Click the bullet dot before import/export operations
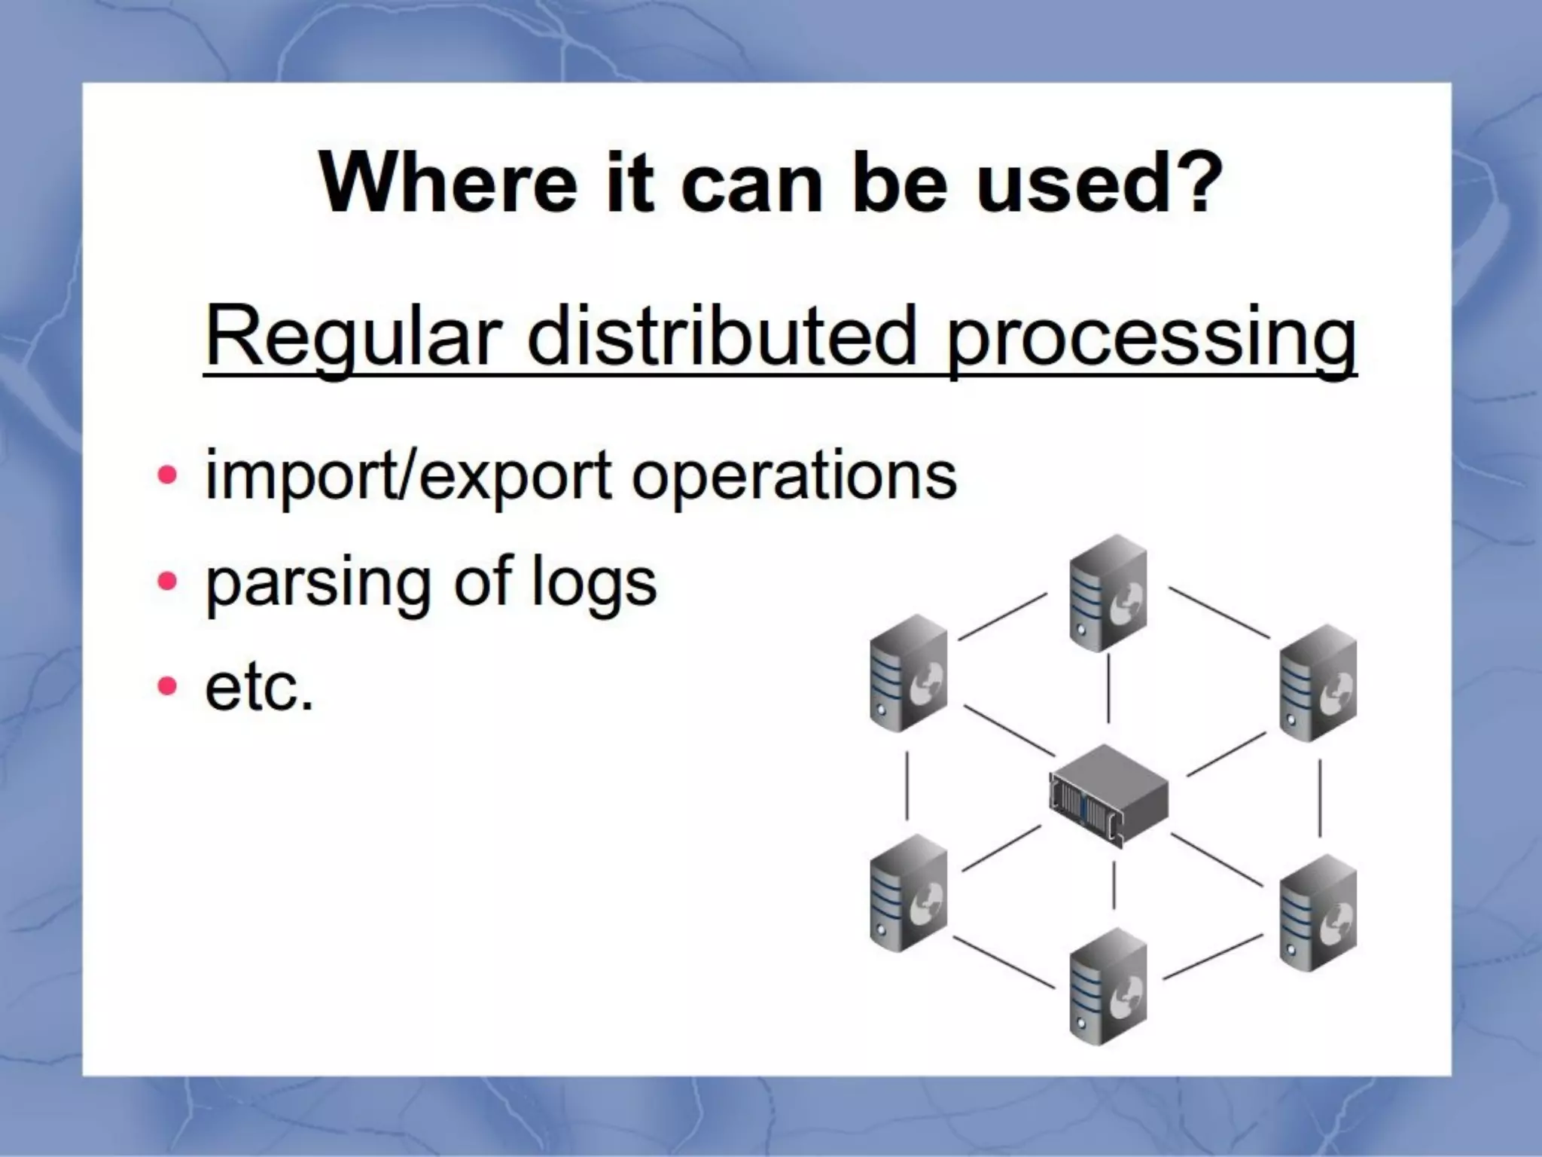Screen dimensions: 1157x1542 (x=167, y=476)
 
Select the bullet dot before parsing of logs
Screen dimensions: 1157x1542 (x=167, y=581)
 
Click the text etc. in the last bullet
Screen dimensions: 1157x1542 (x=258, y=688)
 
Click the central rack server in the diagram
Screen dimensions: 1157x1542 (x=1108, y=795)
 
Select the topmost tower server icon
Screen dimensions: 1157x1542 (x=1108, y=593)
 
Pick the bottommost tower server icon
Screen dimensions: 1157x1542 (x=1108, y=986)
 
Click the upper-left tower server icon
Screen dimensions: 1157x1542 (x=908, y=673)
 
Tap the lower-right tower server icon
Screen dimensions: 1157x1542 (x=1318, y=913)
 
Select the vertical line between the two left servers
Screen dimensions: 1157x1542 (x=907, y=784)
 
